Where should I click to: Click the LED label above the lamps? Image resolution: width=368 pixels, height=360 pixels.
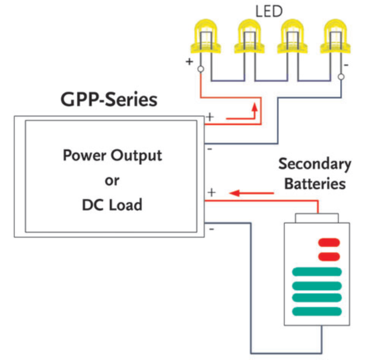click(x=269, y=11)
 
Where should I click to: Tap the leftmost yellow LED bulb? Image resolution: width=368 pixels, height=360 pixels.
click(x=206, y=37)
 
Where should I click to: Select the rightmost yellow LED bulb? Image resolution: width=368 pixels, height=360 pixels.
click(x=335, y=37)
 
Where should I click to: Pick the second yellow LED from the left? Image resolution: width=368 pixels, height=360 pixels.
click(x=249, y=37)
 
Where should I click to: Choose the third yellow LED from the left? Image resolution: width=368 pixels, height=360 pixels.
click(x=293, y=37)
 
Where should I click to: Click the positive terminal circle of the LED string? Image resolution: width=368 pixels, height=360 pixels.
click(x=201, y=68)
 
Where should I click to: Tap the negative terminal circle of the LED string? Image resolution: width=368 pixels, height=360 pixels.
click(x=341, y=77)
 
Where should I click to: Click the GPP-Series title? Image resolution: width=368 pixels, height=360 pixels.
click(x=109, y=100)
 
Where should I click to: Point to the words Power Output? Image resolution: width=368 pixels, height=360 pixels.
click(x=113, y=155)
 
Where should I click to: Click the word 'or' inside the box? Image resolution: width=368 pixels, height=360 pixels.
click(x=112, y=180)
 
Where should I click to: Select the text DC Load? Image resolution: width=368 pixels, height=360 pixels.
click(x=112, y=205)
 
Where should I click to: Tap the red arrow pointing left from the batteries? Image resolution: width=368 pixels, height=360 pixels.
click(x=252, y=193)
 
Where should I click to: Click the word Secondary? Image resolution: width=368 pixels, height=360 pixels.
click(x=315, y=164)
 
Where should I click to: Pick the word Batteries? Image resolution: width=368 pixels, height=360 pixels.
click(x=315, y=183)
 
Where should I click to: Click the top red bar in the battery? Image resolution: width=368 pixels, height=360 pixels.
click(x=329, y=243)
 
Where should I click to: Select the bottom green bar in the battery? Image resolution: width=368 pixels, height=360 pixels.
click(x=317, y=311)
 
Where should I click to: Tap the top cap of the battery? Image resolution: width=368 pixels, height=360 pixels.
click(x=317, y=218)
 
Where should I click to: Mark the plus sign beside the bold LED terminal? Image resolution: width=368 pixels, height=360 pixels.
click(x=189, y=62)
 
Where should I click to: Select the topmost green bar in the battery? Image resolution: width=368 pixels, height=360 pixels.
click(x=317, y=272)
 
